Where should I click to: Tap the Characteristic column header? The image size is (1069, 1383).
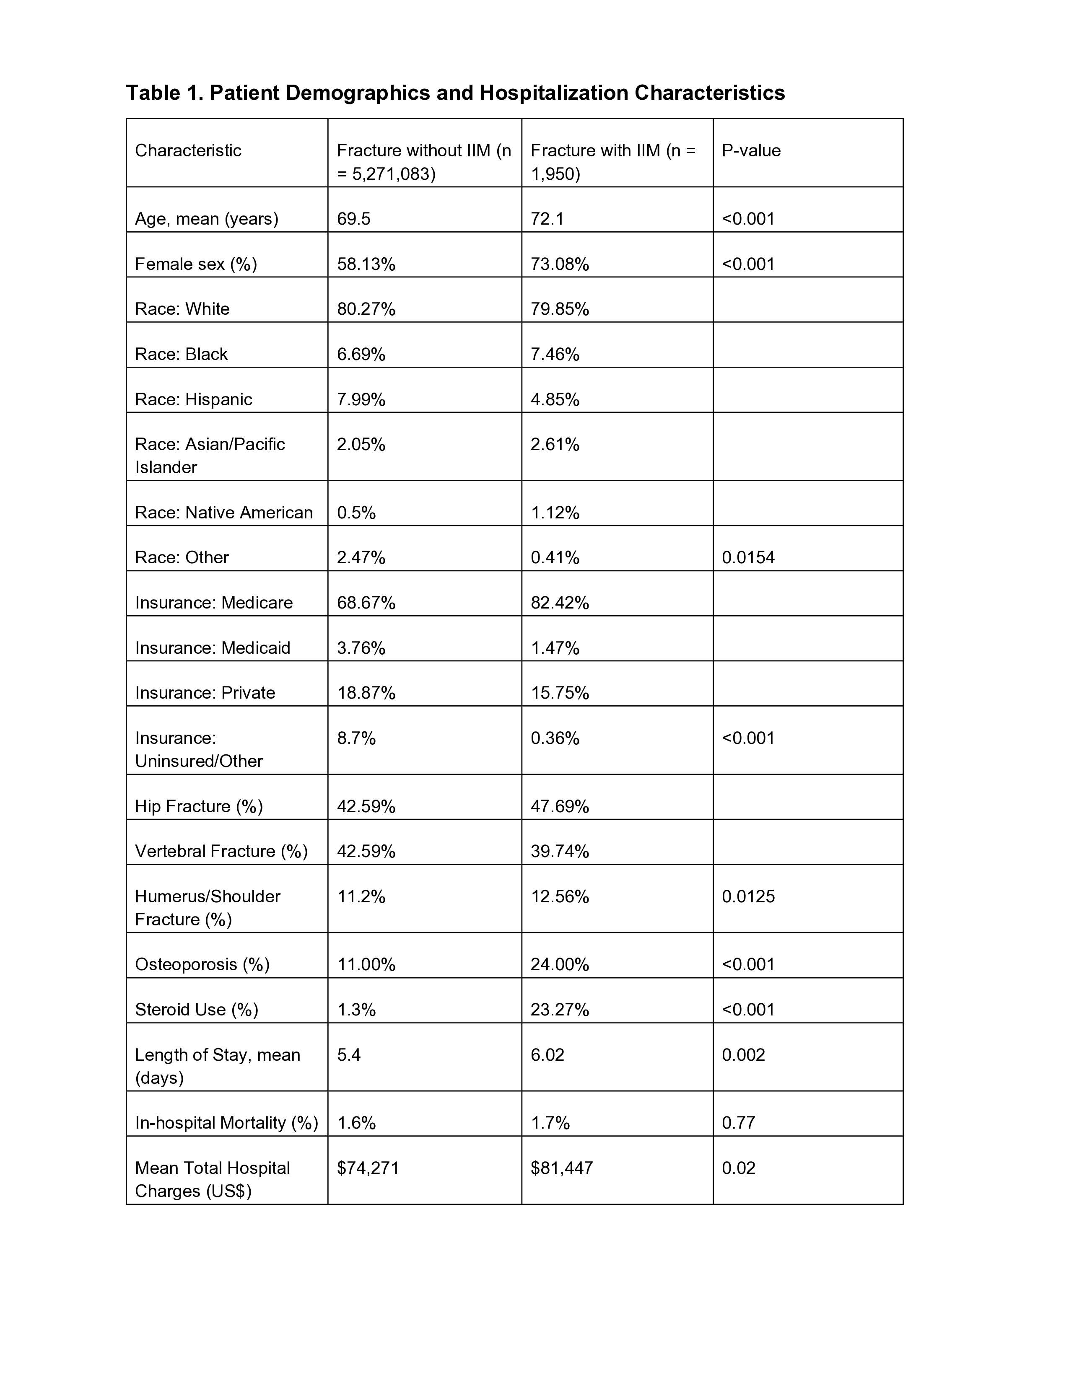click(x=188, y=151)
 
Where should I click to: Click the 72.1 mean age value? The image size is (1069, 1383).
click(x=547, y=219)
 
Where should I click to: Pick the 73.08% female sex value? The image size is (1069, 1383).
click(x=559, y=264)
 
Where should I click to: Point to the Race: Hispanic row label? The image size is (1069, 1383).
click(x=193, y=399)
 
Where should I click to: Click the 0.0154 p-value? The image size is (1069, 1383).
click(x=748, y=557)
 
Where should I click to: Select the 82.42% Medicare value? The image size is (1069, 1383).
click(x=559, y=603)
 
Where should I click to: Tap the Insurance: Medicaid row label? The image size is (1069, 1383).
click(x=212, y=648)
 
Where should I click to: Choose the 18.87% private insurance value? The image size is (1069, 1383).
click(x=366, y=693)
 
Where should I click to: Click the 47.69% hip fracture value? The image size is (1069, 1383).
click(x=559, y=806)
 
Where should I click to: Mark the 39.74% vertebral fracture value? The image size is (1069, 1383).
click(x=559, y=851)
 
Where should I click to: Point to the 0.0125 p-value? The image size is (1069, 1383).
click(x=748, y=897)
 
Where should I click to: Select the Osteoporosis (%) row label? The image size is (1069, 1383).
click(x=202, y=964)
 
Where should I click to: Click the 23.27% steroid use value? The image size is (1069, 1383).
click(x=559, y=1010)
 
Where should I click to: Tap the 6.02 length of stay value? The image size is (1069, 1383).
click(x=547, y=1055)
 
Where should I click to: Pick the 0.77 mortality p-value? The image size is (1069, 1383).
click(x=738, y=1123)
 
